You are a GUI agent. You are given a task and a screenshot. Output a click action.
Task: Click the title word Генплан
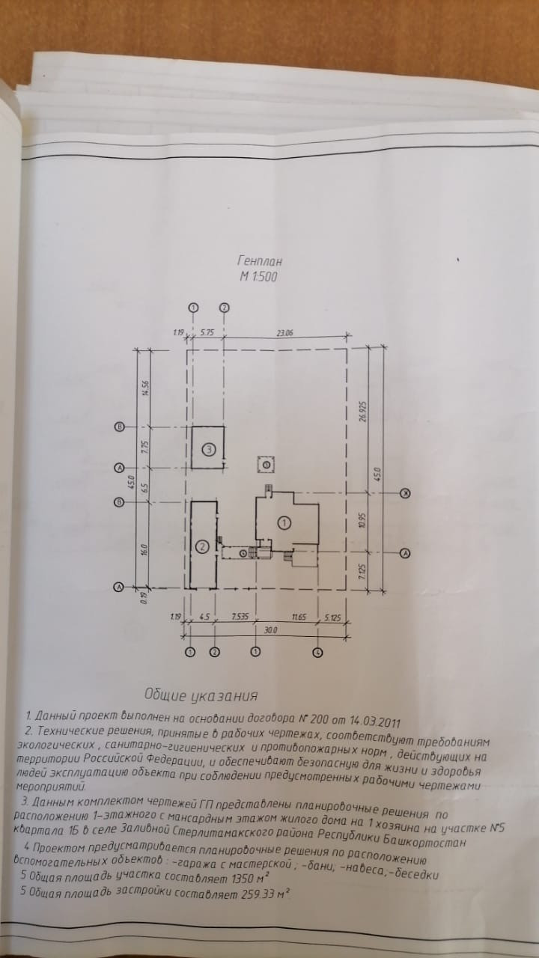pos(259,261)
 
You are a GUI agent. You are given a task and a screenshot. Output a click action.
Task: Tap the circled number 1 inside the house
pos(284,522)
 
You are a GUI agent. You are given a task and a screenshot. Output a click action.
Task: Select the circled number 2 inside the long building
pos(201,547)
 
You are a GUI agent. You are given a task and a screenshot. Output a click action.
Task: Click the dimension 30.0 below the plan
pos(260,631)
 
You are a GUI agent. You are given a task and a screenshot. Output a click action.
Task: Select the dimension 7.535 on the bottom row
pos(239,618)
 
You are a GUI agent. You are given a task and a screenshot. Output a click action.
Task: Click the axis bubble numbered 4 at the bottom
pos(318,653)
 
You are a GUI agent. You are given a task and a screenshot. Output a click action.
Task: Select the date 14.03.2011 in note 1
pos(371,723)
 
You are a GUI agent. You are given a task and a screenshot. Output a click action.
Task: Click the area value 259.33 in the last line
pos(258,894)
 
